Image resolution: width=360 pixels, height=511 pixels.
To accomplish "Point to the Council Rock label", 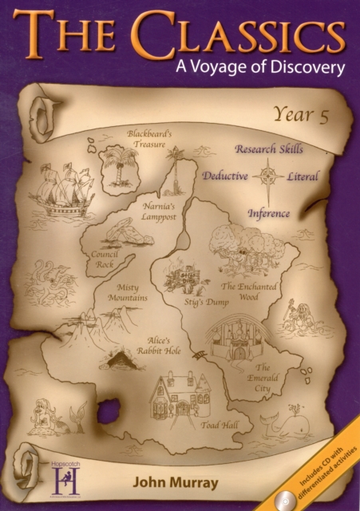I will coord(105,259).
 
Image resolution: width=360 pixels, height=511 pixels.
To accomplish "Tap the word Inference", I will coord(268,213).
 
